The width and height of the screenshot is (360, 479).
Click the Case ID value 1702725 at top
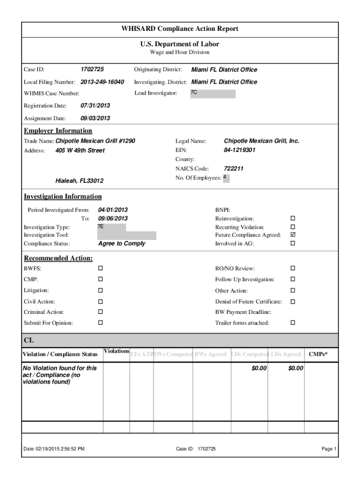click(x=92, y=70)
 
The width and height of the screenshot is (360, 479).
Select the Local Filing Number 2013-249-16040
click(x=102, y=82)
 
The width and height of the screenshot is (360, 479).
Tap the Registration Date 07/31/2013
click(x=95, y=106)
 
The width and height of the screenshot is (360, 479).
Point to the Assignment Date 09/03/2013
click(x=95, y=118)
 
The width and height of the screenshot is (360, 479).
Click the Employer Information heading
click(x=58, y=131)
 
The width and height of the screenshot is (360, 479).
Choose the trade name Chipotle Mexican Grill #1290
click(x=95, y=141)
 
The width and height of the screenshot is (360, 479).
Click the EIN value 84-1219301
click(x=239, y=151)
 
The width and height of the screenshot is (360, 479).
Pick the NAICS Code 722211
click(x=234, y=168)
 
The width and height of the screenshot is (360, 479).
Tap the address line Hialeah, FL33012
click(x=79, y=181)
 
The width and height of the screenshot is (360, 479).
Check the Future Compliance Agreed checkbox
click(x=293, y=235)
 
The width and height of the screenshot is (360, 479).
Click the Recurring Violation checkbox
click(x=293, y=227)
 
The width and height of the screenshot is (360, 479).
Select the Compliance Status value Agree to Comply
click(x=122, y=244)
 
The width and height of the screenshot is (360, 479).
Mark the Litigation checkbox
click(x=100, y=290)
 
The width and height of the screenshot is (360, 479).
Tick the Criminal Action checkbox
click(x=100, y=312)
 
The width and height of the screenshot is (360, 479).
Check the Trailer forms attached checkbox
click(x=293, y=323)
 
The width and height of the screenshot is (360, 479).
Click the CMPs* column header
click(x=318, y=355)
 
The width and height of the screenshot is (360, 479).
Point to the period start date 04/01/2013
click(x=113, y=210)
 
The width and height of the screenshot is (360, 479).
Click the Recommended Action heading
click(x=58, y=259)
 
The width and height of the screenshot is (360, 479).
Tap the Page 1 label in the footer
click(x=329, y=449)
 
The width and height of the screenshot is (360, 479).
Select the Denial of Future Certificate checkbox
click(x=293, y=302)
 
